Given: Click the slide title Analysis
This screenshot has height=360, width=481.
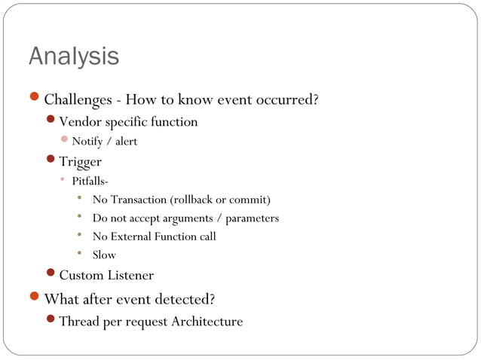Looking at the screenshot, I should [x=74, y=56].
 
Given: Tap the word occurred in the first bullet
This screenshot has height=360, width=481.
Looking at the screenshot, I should [x=286, y=99].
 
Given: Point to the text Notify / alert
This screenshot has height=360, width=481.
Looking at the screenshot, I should [x=104, y=142].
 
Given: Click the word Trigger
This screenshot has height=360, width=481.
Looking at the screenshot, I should [x=81, y=161].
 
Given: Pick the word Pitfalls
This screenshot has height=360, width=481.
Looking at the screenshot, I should [x=90, y=181].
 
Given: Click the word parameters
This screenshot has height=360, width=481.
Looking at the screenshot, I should [x=251, y=218].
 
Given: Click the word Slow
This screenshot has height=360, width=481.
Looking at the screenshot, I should [x=104, y=255].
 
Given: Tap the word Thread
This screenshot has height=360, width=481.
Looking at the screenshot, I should [x=78, y=322].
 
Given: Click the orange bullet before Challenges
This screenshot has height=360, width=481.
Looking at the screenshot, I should [x=34, y=98].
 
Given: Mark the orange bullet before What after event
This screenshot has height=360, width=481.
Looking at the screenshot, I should [x=34, y=297].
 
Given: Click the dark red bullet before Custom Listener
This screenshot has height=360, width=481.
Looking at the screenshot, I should [x=51, y=273].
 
